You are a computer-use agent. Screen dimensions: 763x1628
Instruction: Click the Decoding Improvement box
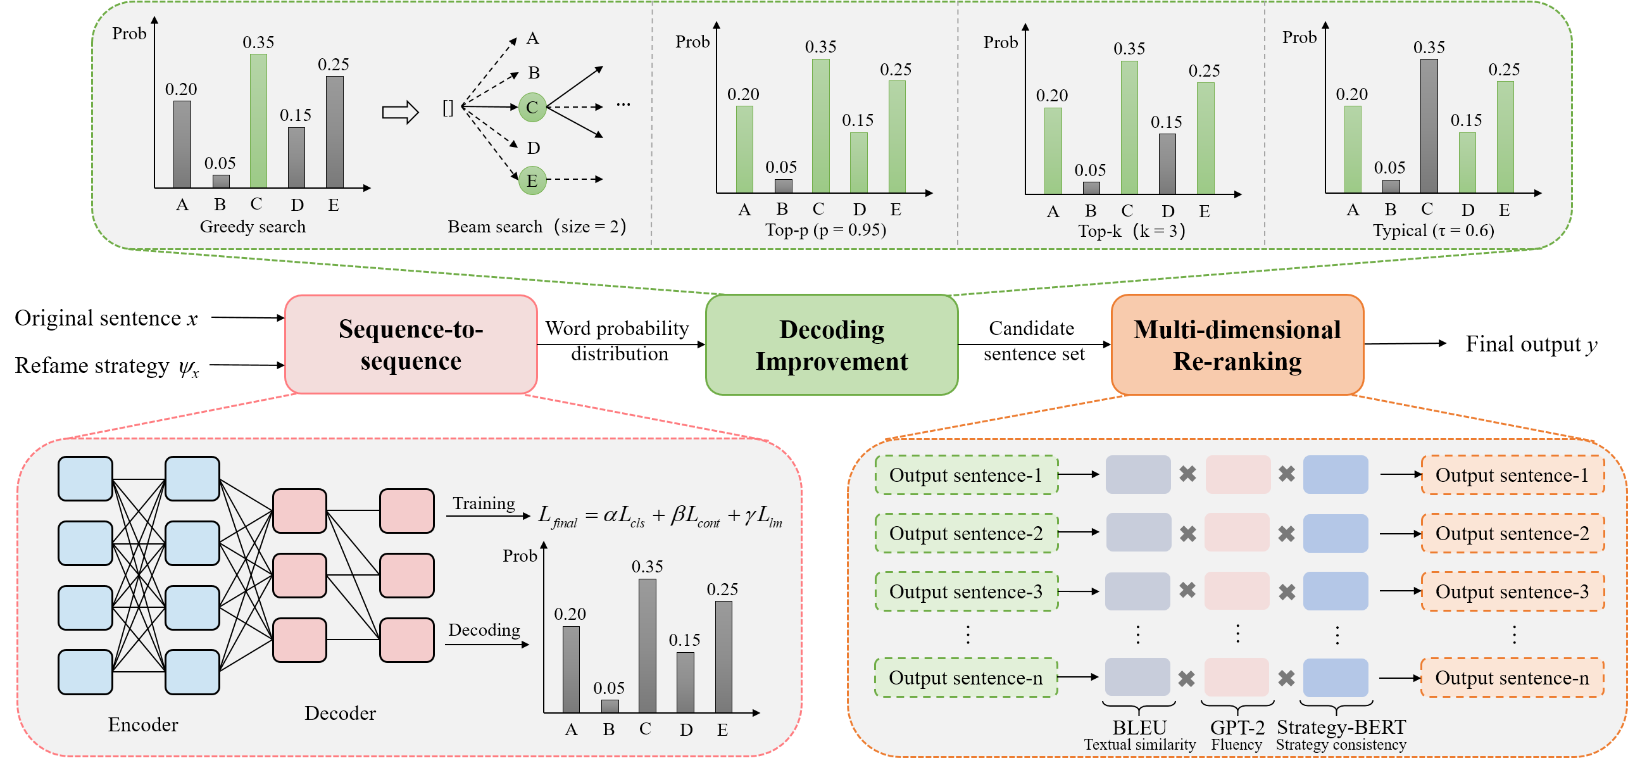click(832, 345)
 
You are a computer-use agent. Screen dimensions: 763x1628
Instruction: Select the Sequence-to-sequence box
click(411, 344)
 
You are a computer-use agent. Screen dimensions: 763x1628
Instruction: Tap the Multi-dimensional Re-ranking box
click(1237, 345)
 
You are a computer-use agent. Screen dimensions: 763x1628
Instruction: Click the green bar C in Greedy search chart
click(258, 121)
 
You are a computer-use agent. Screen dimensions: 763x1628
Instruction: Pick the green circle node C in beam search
click(532, 107)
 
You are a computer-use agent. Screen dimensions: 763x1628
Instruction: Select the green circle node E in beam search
click(532, 180)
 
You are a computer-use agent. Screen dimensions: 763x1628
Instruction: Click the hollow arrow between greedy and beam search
click(400, 113)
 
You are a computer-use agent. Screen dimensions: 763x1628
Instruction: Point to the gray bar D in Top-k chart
click(1167, 163)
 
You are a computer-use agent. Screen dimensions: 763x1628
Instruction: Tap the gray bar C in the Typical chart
click(1429, 126)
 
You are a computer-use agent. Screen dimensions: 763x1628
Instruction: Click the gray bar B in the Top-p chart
click(783, 186)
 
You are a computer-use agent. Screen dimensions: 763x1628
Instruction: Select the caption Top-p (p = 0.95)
click(825, 229)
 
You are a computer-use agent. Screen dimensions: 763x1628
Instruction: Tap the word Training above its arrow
click(484, 503)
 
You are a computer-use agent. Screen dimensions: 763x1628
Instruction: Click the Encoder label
click(143, 724)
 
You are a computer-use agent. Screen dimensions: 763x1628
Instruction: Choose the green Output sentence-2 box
click(966, 533)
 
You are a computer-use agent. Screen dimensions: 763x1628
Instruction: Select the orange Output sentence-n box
click(1512, 678)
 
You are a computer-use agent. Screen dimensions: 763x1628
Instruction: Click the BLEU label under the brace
click(1139, 727)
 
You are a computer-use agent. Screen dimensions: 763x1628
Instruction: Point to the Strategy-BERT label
click(1341, 727)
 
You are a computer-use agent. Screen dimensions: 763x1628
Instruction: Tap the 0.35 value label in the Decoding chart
click(647, 566)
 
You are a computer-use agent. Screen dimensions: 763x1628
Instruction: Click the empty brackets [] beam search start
click(448, 108)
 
